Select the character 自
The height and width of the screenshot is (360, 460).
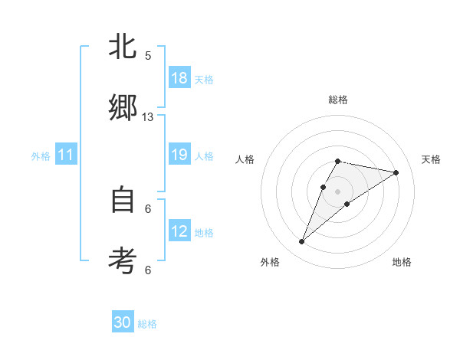pos(123,201)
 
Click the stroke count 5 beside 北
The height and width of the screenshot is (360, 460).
pos(148,56)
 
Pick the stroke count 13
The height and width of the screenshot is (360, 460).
pos(148,117)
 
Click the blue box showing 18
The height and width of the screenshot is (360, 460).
pos(179,78)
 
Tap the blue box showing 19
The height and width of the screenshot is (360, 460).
pos(179,155)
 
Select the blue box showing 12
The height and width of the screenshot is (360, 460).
pos(179,231)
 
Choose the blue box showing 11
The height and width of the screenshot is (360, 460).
pos(66,155)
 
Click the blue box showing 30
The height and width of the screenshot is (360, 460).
pos(123,322)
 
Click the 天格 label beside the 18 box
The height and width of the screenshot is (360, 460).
pos(204,79)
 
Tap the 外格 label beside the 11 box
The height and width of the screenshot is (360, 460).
pos(41,156)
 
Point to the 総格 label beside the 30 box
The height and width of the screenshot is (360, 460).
pos(147,324)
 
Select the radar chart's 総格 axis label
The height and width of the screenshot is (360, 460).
pos(338,100)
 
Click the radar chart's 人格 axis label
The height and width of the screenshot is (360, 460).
pos(245,159)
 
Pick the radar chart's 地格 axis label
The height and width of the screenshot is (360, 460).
pos(402,262)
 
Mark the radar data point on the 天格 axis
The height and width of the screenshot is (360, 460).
pos(396,172)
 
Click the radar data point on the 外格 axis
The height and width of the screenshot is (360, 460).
pos(301,242)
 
